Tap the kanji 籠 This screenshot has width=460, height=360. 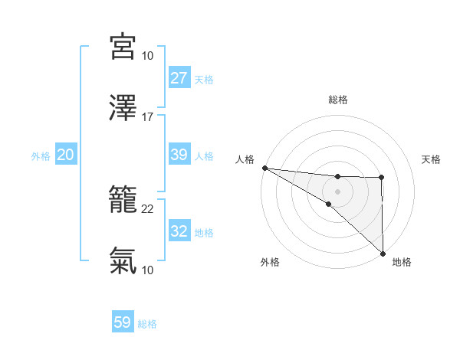(x=123, y=200)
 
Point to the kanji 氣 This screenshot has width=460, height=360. (x=123, y=260)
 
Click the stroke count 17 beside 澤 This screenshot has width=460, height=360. (x=148, y=117)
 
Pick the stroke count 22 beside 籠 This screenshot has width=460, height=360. (x=148, y=209)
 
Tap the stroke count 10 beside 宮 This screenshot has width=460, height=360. (x=148, y=56)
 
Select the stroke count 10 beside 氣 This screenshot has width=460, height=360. (x=148, y=270)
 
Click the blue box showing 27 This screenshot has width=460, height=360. (x=179, y=78)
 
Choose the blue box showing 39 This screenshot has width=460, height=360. (x=179, y=155)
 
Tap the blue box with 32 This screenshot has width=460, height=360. (x=179, y=231)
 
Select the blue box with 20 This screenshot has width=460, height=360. (x=66, y=155)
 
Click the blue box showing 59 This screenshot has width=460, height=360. (x=123, y=322)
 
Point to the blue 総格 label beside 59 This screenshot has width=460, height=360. (x=147, y=324)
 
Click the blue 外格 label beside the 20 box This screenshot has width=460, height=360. (x=41, y=156)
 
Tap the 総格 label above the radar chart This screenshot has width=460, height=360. (x=337, y=100)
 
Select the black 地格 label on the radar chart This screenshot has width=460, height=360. (x=402, y=263)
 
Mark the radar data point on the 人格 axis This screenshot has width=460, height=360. (x=264, y=168)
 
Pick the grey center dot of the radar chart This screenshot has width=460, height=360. (x=337, y=191)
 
